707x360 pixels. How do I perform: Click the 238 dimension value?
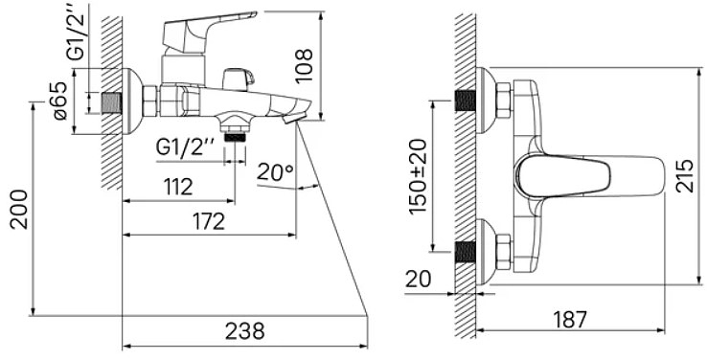(245, 331)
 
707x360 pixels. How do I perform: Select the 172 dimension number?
(209, 221)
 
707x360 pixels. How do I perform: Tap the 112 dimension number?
(178, 187)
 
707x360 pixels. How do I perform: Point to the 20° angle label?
(275, 172)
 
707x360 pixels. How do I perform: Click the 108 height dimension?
(305, 65)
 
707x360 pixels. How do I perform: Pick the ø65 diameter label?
(60, 101)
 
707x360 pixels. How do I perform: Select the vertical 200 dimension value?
(20, 210)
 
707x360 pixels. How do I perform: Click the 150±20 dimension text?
(418, 176)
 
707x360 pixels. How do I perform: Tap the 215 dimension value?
(685, 176)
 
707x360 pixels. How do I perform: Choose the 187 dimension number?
(569, 319)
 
